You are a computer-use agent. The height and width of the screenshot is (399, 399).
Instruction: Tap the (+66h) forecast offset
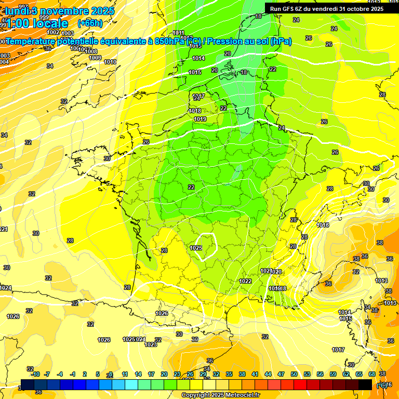(x=90, y=23)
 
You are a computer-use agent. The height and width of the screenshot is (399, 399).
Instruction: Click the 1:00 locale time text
(x=36, y=23)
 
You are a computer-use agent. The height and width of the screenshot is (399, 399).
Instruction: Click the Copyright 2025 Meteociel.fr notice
(x=220, y=395)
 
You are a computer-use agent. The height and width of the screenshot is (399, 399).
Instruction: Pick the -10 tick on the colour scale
(x=35, y=374)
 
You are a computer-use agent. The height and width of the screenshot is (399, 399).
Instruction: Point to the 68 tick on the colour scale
(x=372, y=374)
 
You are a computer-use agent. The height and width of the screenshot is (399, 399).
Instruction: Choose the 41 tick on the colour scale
(x=255, y=374)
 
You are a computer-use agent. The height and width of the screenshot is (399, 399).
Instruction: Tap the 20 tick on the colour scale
(x=164, y=374)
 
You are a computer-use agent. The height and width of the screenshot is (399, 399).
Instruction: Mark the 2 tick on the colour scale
(x=85, y=374)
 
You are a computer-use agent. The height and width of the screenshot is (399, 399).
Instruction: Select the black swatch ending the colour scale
(x=365, y=384)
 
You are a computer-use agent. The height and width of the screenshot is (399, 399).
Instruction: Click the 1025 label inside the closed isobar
(x=196, y=248)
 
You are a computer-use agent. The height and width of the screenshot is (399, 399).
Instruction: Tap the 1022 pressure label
(x=245, y=281)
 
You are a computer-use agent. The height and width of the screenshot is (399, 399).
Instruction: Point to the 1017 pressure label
(x=339, y=350)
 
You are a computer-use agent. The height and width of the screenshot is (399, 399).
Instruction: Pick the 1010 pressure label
(x=110, y=62)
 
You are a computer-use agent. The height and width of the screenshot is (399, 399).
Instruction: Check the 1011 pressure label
(x=179, y=33)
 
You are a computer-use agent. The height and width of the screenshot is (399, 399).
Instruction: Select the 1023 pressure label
(x=151, y=344)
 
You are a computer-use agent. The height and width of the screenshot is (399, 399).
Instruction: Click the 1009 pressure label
(x=95, y=58)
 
